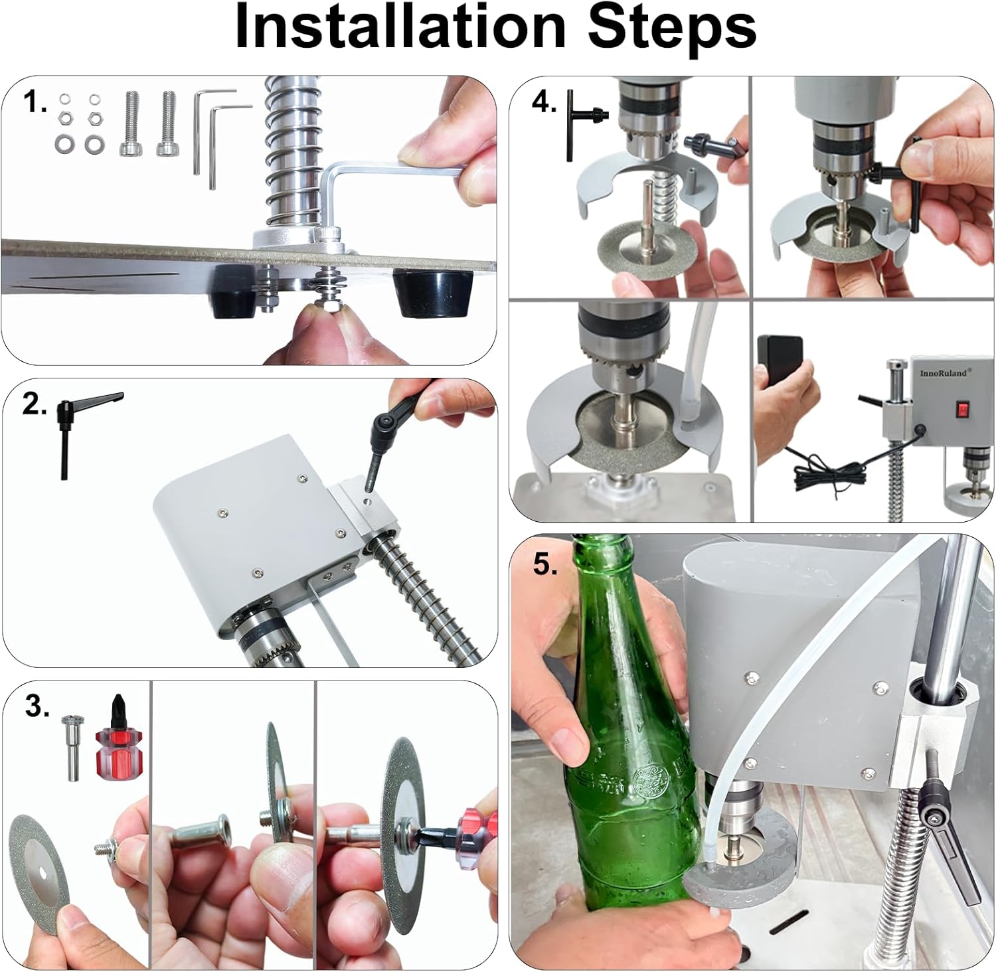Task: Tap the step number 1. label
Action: click(x=35, y=103)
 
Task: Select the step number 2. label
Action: click(x=35, y=403)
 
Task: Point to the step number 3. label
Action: click(x=37, y=707)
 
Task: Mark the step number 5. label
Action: click(x=545, y=565)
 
